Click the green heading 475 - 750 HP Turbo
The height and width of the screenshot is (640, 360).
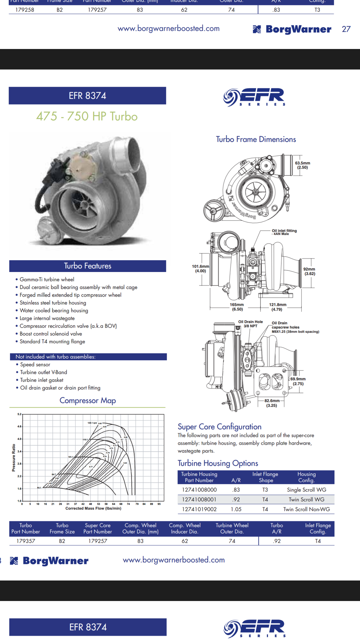[87, 116]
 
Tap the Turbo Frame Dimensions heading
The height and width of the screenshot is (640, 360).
[256, 139]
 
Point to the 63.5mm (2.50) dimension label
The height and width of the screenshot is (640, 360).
[302, 165]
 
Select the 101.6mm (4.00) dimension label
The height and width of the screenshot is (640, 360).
[200, 268]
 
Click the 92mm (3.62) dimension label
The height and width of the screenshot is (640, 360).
[309, 271]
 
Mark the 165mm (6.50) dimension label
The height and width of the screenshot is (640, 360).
[237, 307]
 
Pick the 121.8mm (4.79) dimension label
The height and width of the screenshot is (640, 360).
[277, 307]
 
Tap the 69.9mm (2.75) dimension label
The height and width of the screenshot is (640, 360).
[298, 381]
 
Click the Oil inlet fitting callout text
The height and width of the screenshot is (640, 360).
[284, 232]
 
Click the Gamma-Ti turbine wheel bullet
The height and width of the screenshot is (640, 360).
[47, 279]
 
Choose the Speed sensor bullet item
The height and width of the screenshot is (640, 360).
[35, 364]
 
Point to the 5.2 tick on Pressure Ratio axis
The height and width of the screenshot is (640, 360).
[19, 414]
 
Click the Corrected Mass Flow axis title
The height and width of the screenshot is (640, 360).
[93, 508]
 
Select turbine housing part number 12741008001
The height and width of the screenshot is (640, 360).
[199, 500]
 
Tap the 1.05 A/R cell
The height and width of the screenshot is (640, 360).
[236, 509]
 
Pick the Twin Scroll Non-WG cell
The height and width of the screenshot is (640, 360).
[306, 509]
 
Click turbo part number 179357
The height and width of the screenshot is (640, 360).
[26, 541]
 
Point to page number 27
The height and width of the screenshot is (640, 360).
[346, 29]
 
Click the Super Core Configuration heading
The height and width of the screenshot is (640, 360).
[220, 427]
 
